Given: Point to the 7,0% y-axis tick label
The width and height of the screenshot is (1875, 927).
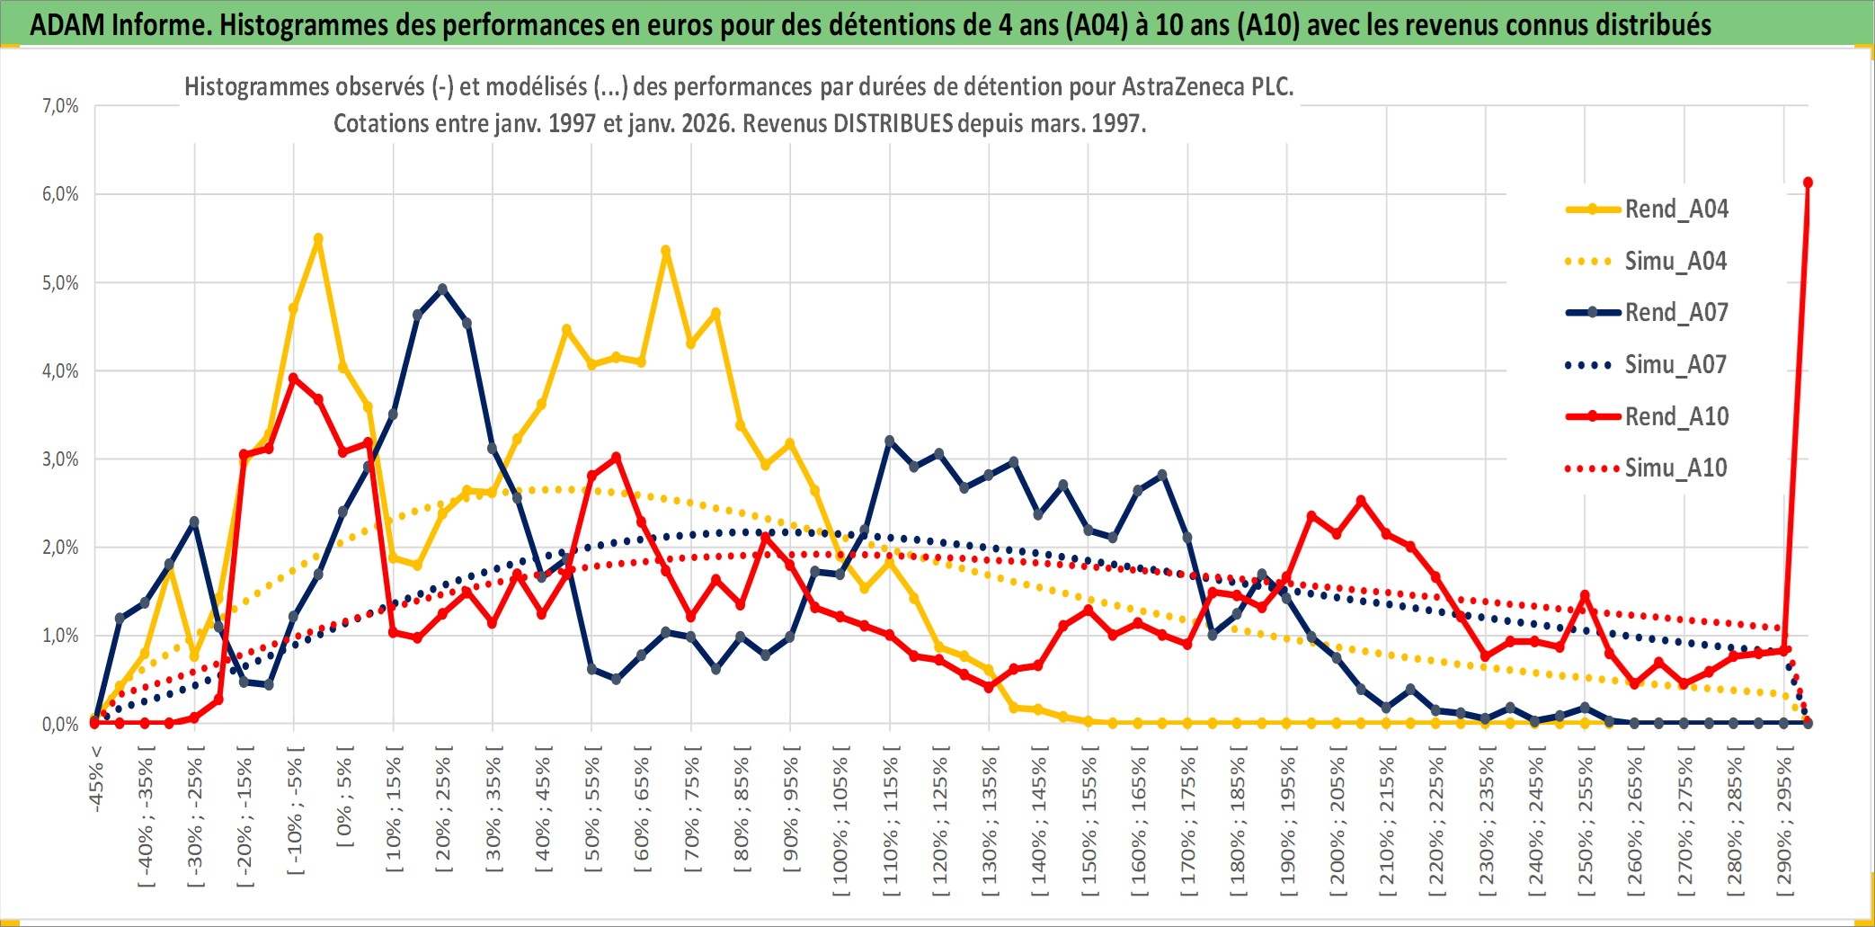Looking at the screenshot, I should pyautogui.click(x=60, y=106).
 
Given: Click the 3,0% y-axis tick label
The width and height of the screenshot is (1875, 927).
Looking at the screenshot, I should pyautogui.click(x=60, y=459).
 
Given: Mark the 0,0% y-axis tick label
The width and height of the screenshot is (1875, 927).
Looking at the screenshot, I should pyautogui.click(x=60, y=724).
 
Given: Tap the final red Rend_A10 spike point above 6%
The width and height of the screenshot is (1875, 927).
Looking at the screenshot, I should pyautogui.click(x=1808, y=183).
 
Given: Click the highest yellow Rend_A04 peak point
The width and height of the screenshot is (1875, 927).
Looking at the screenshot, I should pyautogui.click(x=318, y=238).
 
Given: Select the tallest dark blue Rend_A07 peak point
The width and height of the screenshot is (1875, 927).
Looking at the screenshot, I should pyautogui.click(x=442, y=289).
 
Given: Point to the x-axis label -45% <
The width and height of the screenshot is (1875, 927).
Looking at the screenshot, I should pyautogui.click(x=96, y=779).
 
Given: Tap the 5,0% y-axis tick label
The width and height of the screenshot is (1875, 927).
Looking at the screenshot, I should pyautogui.click(x=60, y=283).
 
